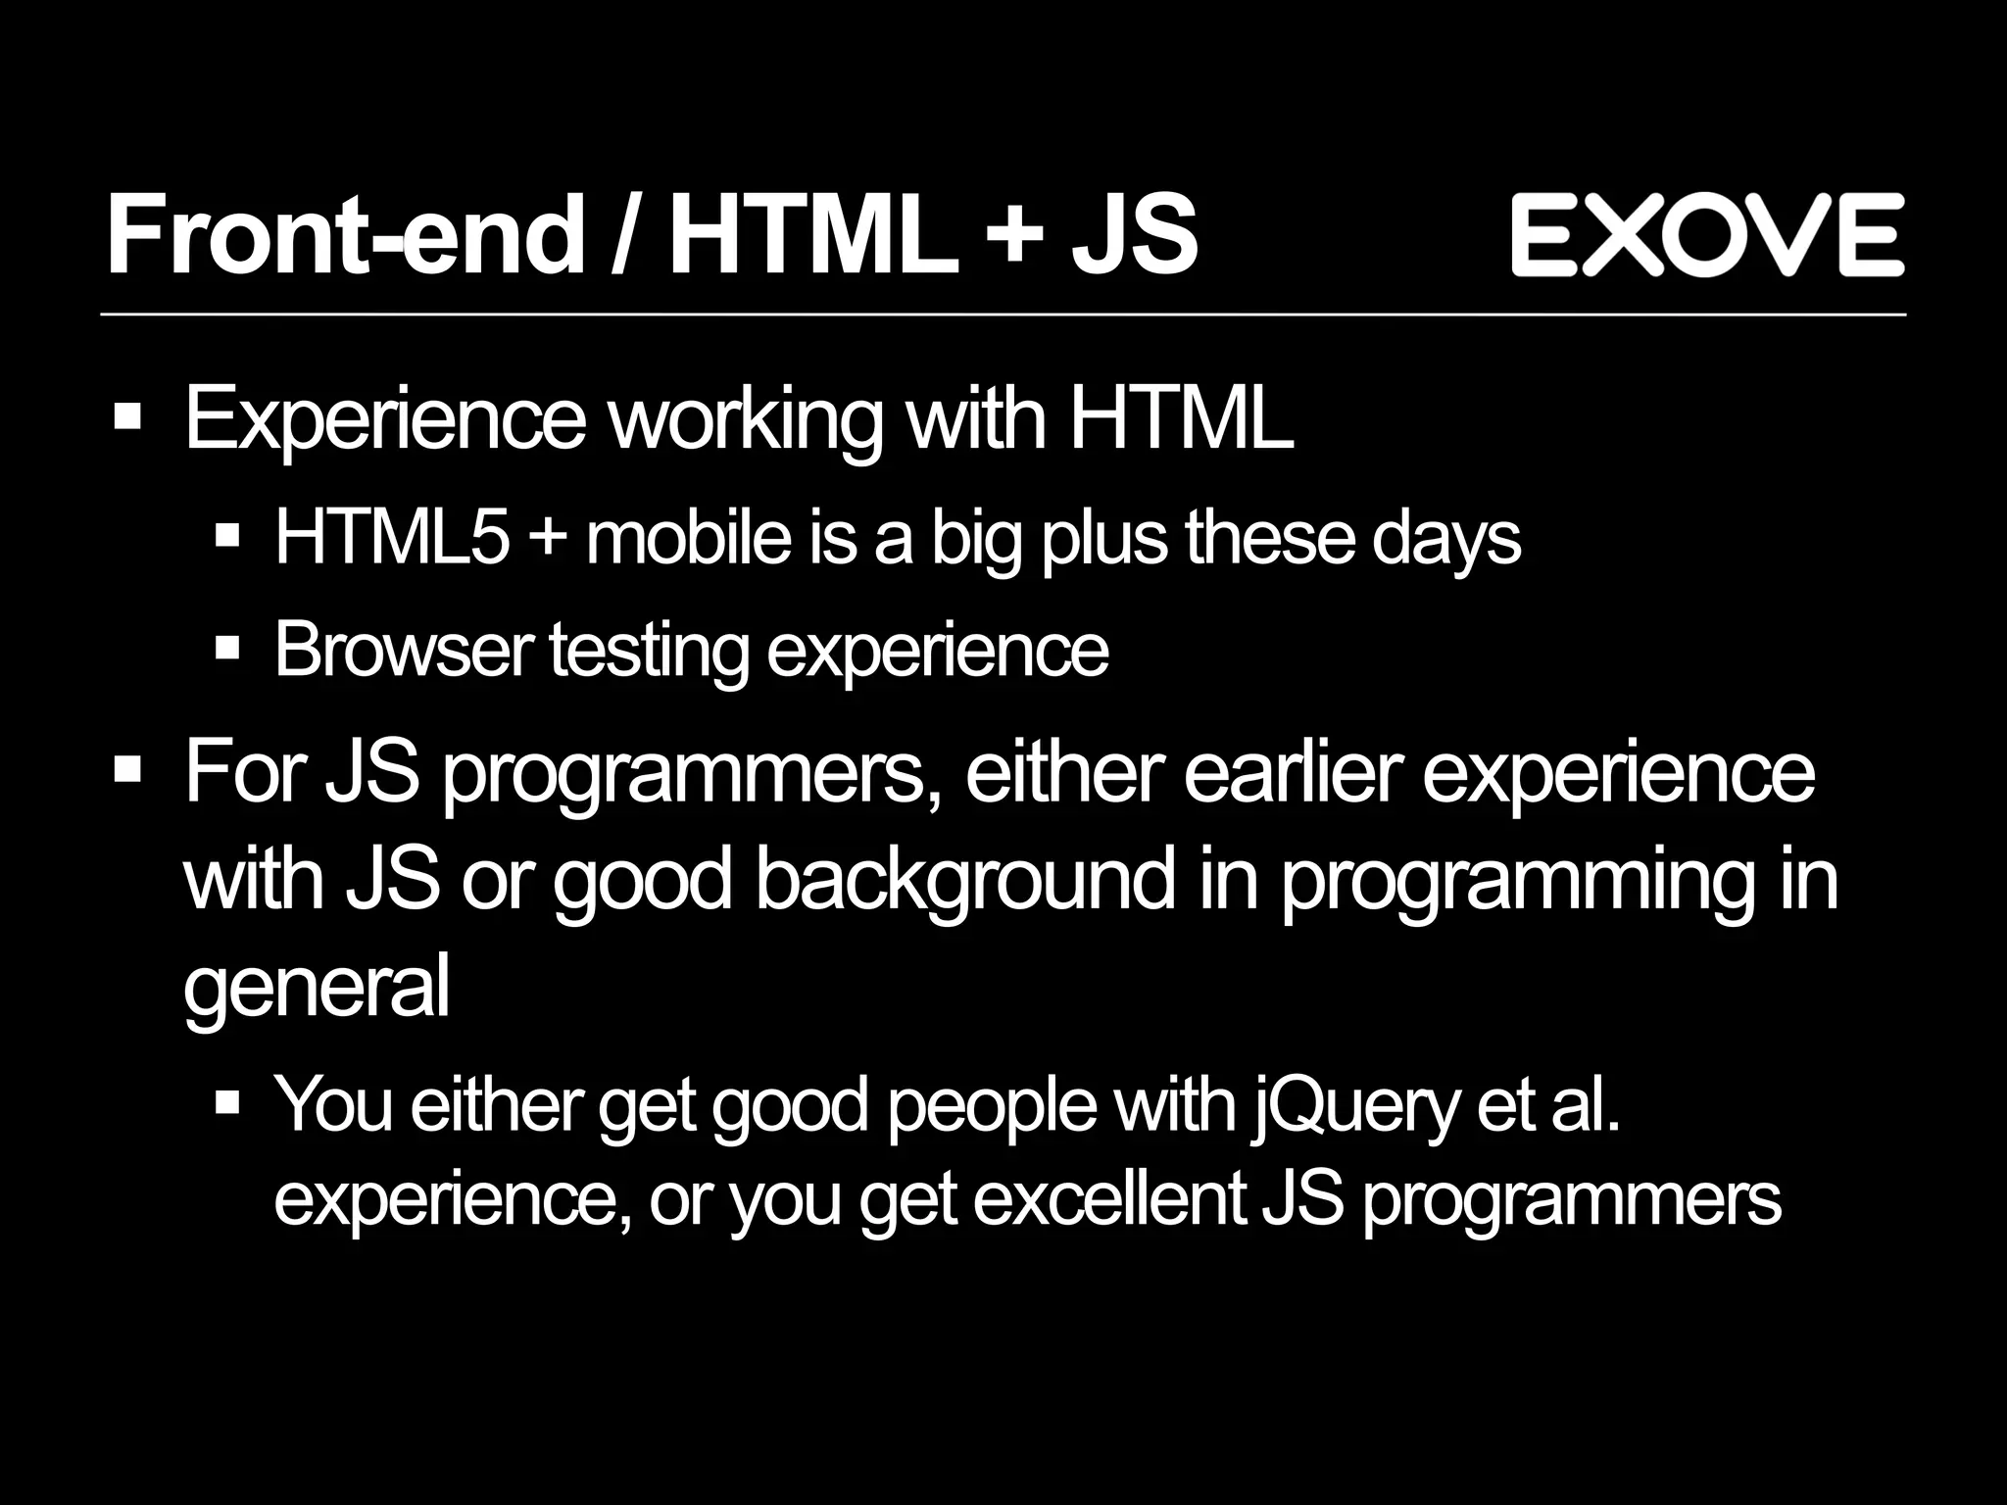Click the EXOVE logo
click(x=1707, y=235)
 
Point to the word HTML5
click(x=392, y=538)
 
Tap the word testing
click(x=649, y=651)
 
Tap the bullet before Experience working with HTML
click(x=127, y=418)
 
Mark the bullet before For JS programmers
click(x=127, y=769)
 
